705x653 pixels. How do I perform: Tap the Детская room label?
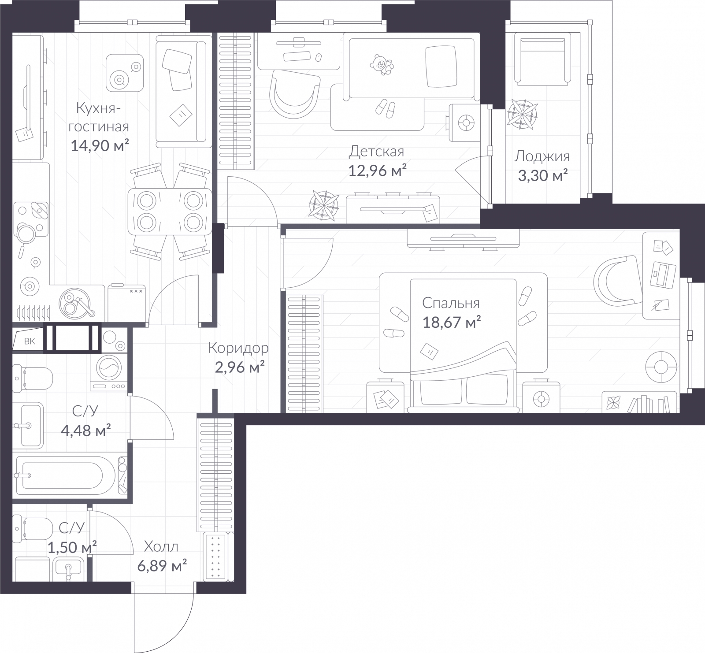coord(376,152)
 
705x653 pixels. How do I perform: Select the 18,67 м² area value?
coord(451,323)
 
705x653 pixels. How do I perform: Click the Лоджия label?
coord(542,156)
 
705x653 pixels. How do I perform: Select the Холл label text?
coord(161,547)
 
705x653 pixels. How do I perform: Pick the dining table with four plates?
coord(168,211)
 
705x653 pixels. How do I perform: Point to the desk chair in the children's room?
coord(294,94)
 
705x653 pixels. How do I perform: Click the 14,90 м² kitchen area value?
coord(100,145)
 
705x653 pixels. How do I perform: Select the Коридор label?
coord(238,348)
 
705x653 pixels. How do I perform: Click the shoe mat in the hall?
coord(215,556)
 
